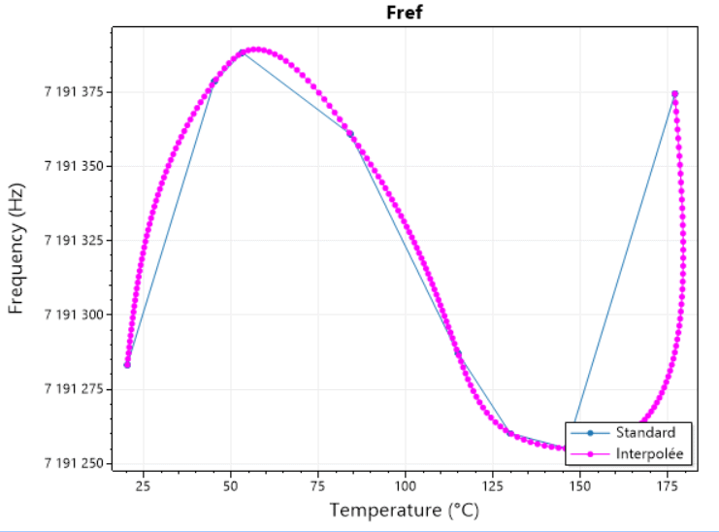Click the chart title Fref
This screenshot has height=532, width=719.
tap(405, 14)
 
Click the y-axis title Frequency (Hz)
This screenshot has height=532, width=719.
tap(16, 249)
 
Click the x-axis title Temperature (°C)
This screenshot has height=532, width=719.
tap(404, 510)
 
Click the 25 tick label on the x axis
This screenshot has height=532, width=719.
tap(143, 485)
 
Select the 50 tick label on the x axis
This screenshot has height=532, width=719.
tap(230, 485)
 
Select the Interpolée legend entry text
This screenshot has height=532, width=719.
tap(649, 453)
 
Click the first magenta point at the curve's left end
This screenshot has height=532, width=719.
tap(127, 365)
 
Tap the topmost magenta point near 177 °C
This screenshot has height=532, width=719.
tap(674, 94)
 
